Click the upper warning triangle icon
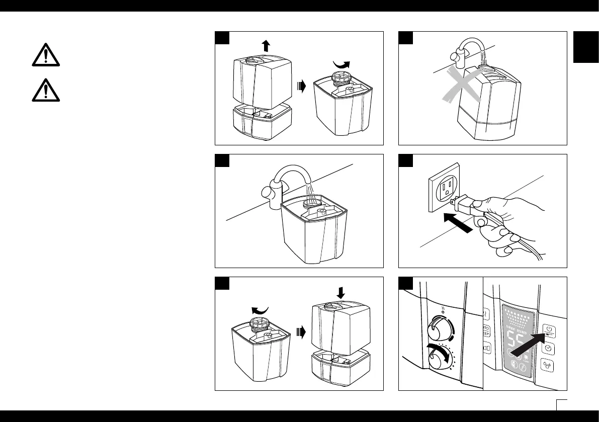[45, 55]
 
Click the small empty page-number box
[562, 404]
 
